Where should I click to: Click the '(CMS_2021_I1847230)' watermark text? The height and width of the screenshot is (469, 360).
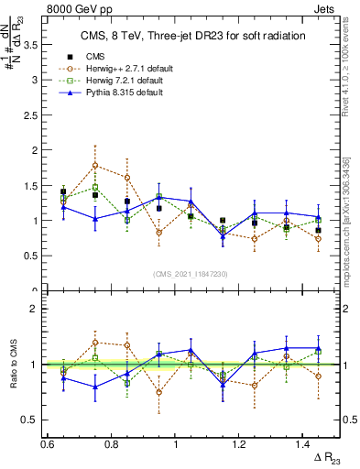point(191,274)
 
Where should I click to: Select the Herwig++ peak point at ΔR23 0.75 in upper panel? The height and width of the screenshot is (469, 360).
point(95,166)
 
